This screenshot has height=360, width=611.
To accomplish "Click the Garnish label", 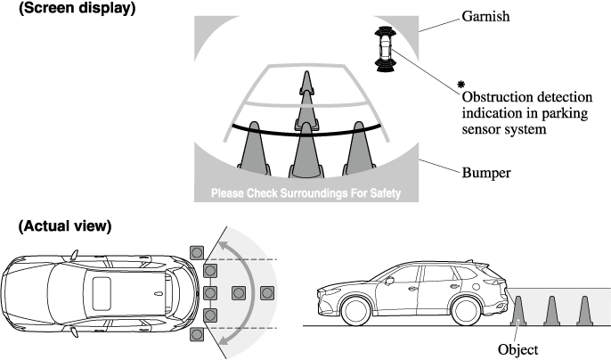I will click(486, 16).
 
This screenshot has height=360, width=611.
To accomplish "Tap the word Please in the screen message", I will click(230, 193).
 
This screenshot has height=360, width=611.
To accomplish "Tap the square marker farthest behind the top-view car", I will click(266, 292).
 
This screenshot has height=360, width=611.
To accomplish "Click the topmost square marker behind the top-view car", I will click(197, 250).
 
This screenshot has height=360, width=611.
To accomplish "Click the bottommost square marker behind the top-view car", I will click(197, 335).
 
